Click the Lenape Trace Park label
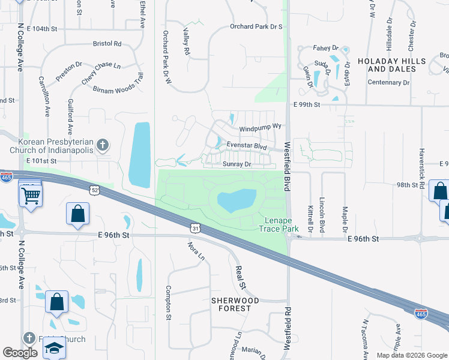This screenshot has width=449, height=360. tap(279, 224)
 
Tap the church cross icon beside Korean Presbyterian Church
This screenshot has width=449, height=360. tap(103, 145)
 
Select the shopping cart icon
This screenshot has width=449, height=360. tap(30, 194)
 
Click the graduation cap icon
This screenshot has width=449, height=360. tap(53, 349)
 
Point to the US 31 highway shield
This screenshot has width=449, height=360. tap(194, 227)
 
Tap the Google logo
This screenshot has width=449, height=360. tap(20, 353)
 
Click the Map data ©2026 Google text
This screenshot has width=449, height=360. tap(411, 355)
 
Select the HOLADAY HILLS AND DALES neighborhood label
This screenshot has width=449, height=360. tap(391, 65)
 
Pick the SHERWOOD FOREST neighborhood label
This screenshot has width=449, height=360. tap(234, 304)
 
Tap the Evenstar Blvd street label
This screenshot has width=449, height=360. tap(246, 145)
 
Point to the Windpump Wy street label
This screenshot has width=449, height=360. tap(261, 128)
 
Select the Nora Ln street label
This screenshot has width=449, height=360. tap(195, 252)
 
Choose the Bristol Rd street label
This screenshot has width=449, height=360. tap(107, 44)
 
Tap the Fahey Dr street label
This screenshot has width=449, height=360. tap(326, 48)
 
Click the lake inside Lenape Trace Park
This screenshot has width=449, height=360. tap(237, 200)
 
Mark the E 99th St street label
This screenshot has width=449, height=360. tap(308, 104)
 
